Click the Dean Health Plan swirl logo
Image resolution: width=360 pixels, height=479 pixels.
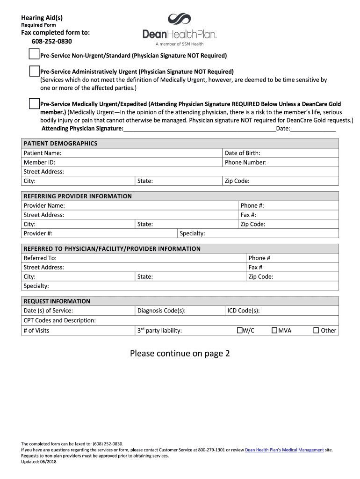click(180, 19)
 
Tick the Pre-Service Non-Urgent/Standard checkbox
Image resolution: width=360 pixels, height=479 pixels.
click(34, 55)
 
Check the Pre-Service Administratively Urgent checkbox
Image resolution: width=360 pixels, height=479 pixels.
click(34, 71)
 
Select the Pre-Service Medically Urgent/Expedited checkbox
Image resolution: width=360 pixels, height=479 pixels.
click(34, 103)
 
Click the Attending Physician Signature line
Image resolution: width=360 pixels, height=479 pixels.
click(200, 129)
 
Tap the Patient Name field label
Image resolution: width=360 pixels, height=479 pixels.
click(43, 153)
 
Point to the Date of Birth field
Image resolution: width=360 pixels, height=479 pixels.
click(243, 153)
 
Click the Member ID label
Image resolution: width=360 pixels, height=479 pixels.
click(39, 162)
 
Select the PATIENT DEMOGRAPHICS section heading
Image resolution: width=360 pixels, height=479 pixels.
click(60, 144)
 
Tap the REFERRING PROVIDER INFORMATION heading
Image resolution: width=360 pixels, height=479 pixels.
click(78, 196)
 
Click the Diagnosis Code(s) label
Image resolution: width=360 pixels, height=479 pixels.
click(161, 311)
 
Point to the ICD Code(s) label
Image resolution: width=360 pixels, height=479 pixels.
click(244, 311)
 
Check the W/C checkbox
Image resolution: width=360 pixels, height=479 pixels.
click(239, 330)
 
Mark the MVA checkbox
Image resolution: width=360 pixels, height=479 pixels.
click(274, 330)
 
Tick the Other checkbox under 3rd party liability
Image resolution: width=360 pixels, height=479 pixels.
click(316, 330)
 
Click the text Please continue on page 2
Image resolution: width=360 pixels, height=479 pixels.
click(180, 353)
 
